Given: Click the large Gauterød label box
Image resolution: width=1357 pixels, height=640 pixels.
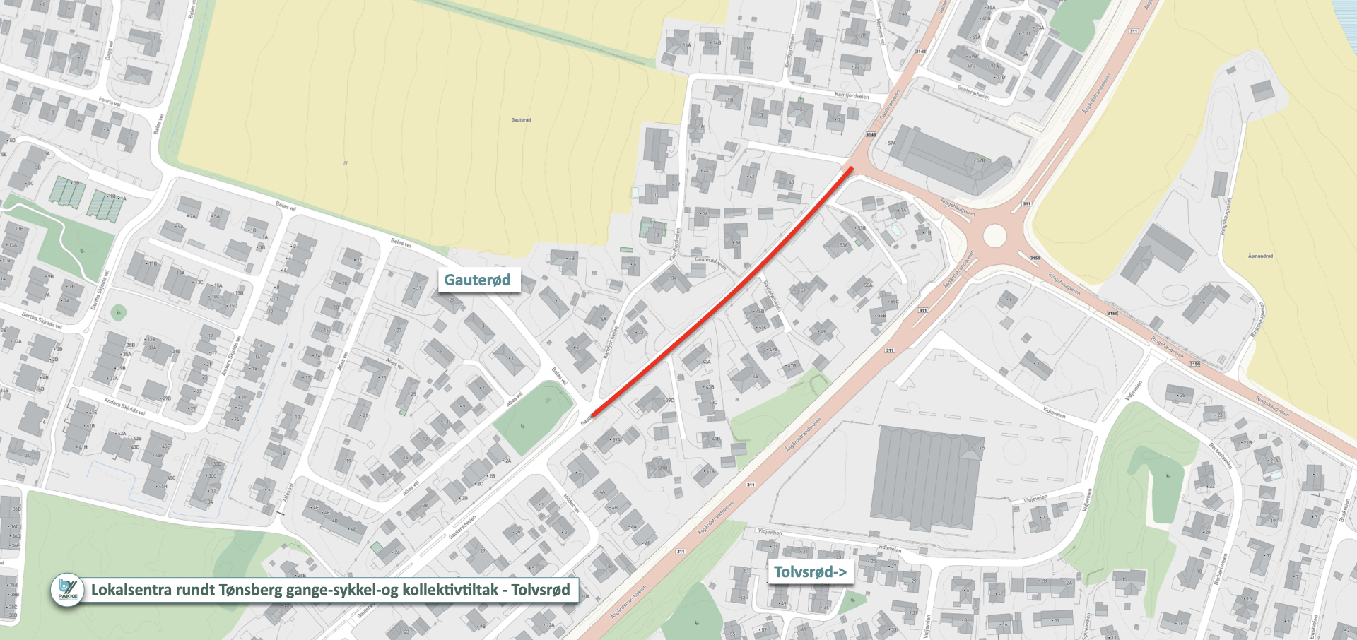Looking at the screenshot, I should pyautogui.click(x=478, y=280).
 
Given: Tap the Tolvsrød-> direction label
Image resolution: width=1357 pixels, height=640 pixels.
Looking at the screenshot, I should pyautogui.click(x=810, y=571).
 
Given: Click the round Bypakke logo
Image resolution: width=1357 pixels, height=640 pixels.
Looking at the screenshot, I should pyautogui.click(x=68, y=589).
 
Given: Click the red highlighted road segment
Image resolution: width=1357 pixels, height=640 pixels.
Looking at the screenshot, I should pyautogui.click(x=721, y=292).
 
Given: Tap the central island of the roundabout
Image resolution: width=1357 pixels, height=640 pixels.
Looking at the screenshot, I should pyautogui.click(x=994, y=235).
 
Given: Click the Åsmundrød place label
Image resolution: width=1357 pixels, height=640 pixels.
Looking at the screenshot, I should pyautogui.click(x=1260, y=256).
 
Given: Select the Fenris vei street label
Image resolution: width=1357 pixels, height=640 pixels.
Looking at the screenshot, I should pyautogui.click(x=110, y=102).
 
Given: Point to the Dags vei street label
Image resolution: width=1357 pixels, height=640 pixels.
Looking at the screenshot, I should pyautogui.click(x=109, y=49).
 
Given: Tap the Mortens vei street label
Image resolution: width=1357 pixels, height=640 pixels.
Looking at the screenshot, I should pyautogui.click(x=881, y=32).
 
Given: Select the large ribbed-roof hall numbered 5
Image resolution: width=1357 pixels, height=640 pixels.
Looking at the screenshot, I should pyautogui.click(x=926, y=477).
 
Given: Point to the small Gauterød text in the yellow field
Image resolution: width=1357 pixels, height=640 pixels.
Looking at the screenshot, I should pyautogui.click(x=521, y=120).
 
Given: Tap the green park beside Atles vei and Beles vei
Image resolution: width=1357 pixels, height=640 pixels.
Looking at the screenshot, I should pyautogui.click(x=531, y=418).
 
